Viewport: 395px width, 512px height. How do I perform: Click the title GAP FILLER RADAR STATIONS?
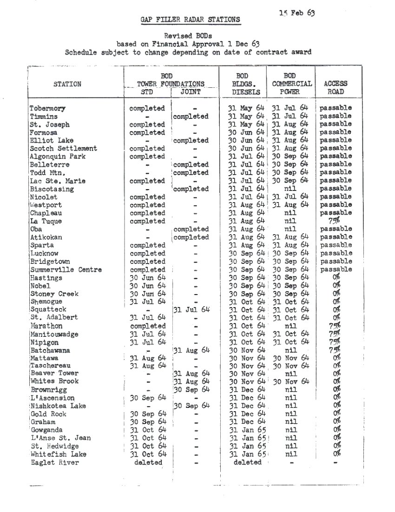click(191, 20)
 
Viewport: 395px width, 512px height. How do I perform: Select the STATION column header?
click(67, 84)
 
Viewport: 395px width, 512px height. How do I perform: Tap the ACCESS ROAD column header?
click(336, 88)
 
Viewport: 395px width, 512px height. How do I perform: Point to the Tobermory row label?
click(47, 108)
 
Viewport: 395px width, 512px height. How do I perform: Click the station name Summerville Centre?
click(66, 269)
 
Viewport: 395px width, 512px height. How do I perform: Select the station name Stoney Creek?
click(54, 294)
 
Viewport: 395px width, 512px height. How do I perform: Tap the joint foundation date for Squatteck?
click(192, 309)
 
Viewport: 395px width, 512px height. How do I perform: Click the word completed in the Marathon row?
click(147, 326)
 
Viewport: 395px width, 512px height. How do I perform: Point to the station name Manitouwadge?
click(54, 334)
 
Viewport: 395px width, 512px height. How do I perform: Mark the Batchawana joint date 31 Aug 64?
click(192, 350)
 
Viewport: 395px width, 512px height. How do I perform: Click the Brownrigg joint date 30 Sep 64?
click(192, 389)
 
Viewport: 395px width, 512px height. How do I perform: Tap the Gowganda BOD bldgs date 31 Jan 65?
click(247, 430)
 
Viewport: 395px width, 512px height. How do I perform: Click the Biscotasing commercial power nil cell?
click(290, 189)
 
